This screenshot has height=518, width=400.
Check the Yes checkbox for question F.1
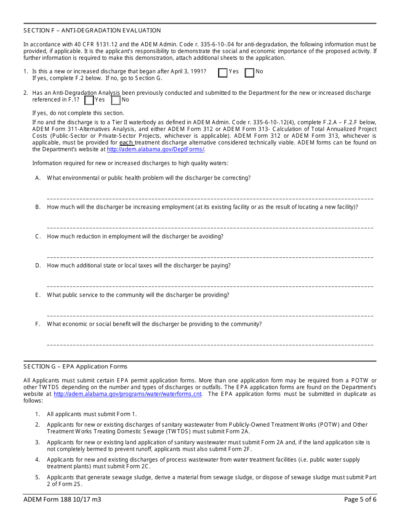click(x=223, y=73)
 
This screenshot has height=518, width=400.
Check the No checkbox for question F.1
click(x=250, y=73)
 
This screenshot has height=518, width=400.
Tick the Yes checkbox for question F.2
click(x=89, y=100)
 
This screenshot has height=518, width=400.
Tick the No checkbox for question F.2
click(x=116, y=100)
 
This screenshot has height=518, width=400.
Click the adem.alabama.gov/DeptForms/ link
click(x=155, y=149)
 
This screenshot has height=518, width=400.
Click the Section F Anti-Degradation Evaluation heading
click(x=92, y=30)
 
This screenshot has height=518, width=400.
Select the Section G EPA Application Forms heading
click(x=75, y=366)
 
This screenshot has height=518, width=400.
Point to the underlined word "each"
click(x=126, y=143)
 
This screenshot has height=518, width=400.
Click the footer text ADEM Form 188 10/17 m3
click(x=62, y=500)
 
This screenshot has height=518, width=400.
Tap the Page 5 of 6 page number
click(x=360, y=500)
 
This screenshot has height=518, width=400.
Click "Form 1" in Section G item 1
click(x=127, y=414)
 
